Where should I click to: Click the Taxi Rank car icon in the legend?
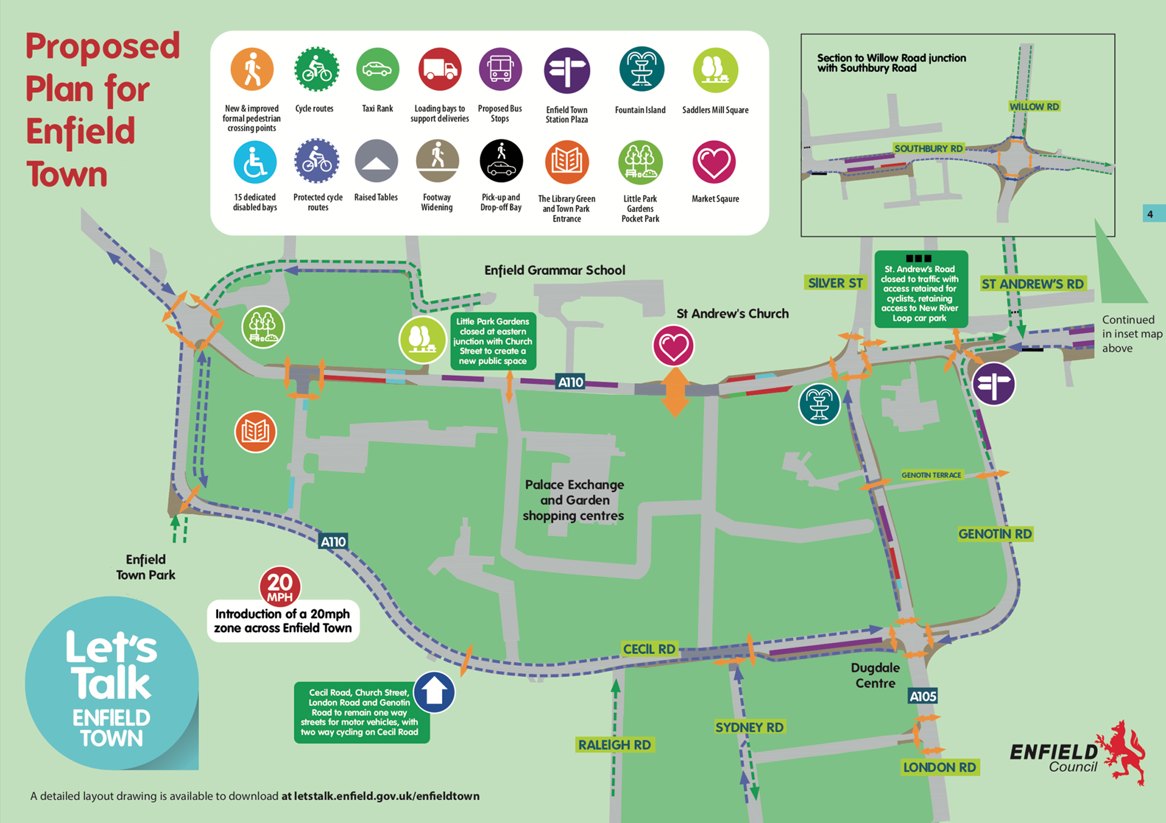point(377,70)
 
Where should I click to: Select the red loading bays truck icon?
point(440,70)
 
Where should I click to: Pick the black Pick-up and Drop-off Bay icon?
point(501,162)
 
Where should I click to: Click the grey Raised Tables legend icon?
point(377,162)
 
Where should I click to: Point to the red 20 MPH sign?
point(280,586)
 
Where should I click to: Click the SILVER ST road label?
point(835,283)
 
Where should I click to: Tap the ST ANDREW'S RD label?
point(1032,284)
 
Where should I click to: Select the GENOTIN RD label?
point(995,534)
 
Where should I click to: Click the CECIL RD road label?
point(649,649)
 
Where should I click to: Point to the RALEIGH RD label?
point(615,745)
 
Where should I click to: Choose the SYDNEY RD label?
point(749,727)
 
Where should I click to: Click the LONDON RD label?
point(939,767)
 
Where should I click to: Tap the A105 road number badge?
point(922,696)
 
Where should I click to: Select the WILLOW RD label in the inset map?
point(1034,107)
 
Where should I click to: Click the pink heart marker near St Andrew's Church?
point(673,346)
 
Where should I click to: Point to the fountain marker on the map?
point(819,405)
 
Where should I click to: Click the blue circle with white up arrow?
point(434,692)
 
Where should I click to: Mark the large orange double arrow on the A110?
point(675,392)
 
